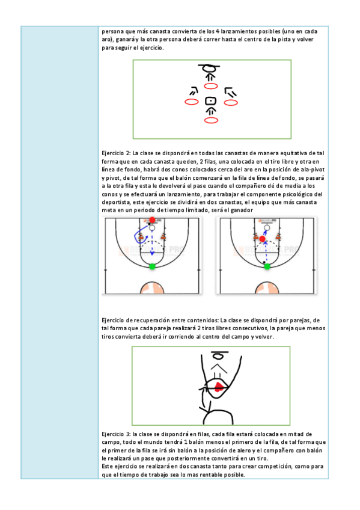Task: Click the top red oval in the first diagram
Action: [211, 86]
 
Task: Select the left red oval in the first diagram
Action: [191, 102]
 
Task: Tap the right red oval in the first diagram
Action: [231, 103]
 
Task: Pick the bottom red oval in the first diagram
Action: [211, 121]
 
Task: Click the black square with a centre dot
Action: [210, 101]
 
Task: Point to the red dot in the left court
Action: [152, 220]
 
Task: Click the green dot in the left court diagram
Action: [152, 266]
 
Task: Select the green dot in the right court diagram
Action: [267, 266]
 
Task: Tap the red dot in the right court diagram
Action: [263, 239]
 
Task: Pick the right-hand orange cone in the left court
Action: [163, 236]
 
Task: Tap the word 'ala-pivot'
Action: [313, 170]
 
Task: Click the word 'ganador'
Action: [242, 210]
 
